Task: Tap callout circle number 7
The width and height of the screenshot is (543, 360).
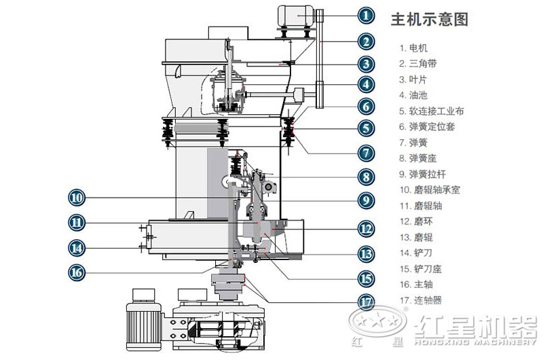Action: (367, 153)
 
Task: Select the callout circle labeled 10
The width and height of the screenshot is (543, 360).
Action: (77, 198)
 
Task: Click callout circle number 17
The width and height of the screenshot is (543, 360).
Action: (367, 300)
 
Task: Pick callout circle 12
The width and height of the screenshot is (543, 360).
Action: (367, 229)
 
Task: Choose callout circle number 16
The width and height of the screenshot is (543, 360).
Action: (77, 272)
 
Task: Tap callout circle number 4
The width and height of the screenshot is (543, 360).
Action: (367, 84)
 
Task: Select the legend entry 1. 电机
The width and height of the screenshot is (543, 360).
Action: (414, 48)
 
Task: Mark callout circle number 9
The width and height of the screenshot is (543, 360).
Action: (367, 200)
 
